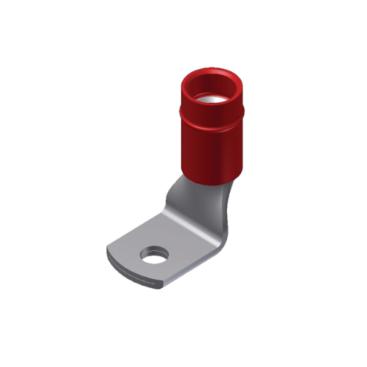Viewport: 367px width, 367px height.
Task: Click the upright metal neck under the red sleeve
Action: (x=195, y=194)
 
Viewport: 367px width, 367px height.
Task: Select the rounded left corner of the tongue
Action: (x=112, y=253)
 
